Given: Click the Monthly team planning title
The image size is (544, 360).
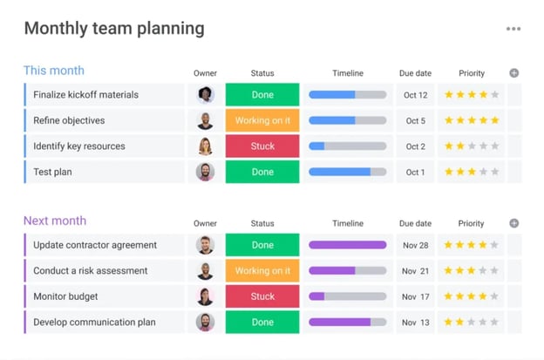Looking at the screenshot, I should pyautogui.click(x=114, y=28).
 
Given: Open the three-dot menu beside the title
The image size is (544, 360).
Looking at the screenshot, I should pyautogui.click(x=513, y=29).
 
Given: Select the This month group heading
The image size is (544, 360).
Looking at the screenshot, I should pyautogui.click(x=54, y=71).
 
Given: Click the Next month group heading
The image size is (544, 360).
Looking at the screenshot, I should pyautogui.click(x=55, y=221).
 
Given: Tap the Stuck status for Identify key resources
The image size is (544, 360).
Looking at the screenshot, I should pyautogui.click(x=262, y=146).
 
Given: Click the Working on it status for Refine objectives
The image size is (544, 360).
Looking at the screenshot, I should pyautogui.click(x=262, y=120).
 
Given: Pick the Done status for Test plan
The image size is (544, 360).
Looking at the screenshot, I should pyautogui.click(x=262, y=172).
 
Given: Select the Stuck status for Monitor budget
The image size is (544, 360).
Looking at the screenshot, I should pyautogui.click(x=262, y=296).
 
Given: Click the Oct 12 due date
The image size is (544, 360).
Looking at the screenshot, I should pyautogui.click(x=416, y=95).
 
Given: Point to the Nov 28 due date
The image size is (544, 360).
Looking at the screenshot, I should pyautogui.click(x=416, y=245).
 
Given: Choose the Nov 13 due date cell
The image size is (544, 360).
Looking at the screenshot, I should pyautogui.click(x=416, y=323).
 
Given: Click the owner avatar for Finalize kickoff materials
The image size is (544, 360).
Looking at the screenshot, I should pyautogui.click(x=205, y=95).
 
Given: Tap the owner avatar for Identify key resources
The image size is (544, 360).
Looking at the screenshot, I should pyautogui.click(x=205, y=146).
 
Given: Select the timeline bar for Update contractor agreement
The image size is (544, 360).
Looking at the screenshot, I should pyautogui.click(x=347, y=245).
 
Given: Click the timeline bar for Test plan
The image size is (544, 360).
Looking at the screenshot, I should pyautogui.click(x=347, y=172).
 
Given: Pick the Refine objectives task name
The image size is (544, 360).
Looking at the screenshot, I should pyautogui.click(x=69, y=120).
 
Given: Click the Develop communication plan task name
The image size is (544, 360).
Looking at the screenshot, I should pyautogui.click(x=94, y=323).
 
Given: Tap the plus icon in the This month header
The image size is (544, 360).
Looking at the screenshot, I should pyautogui.click(x=513, y=73).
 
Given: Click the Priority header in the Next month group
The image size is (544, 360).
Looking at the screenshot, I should pyautogui.click(x=471, y=223).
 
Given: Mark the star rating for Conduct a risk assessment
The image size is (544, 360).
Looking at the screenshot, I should pyautogui.click(x=472, y=271).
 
